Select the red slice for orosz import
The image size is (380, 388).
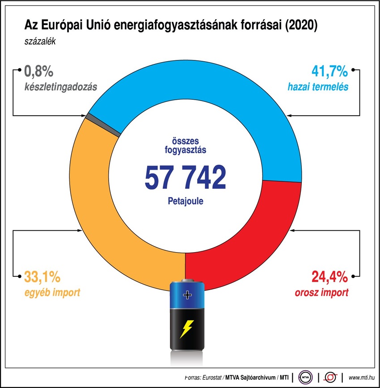tap(250, 232)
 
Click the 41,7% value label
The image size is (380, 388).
tap(329, 72)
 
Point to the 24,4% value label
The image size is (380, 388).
tap(329, 278)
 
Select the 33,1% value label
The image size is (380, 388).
tap(42, 278)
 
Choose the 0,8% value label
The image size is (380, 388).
tap(39, 72)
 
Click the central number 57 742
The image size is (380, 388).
tap(185, 177)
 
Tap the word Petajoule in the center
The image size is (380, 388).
tap(185, 201)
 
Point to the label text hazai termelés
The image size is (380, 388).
tap(318, 88)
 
